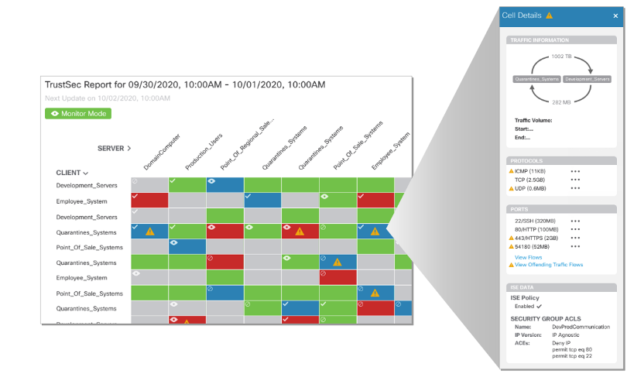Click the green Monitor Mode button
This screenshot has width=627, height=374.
[x=78, y=113]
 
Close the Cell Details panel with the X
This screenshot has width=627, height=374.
[x=615, y=15]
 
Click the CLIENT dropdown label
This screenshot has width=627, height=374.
[x=72, y=173]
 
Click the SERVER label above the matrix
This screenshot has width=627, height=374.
[x=114, y=148]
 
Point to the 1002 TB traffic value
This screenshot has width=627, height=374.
[x=562, y=57]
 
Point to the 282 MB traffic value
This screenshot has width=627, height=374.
[x=562, y=101]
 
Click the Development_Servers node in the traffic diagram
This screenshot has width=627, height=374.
[x=588, y=79]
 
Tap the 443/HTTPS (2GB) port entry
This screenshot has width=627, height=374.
[x=537, y=238]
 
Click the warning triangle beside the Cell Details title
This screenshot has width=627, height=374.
[x=549, y=15]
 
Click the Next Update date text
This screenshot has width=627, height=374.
[x=108, y=99]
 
